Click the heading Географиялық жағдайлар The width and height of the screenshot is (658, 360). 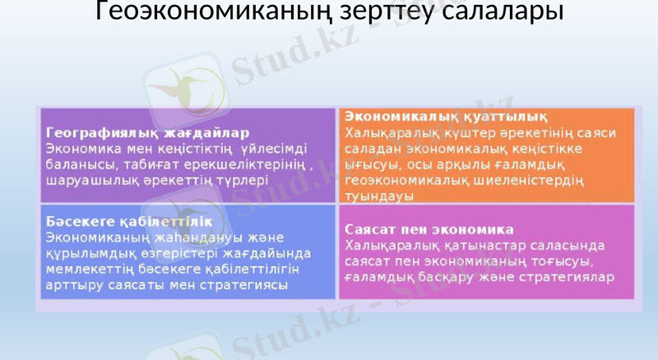pos(148,132)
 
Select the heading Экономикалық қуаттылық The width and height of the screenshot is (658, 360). pos(447,116)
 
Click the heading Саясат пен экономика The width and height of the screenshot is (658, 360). pos(429,229)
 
